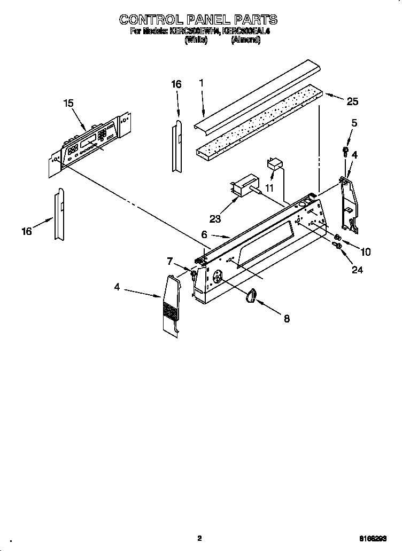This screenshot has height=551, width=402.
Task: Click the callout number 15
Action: click(68, 104)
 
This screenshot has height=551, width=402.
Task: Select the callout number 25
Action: click(352, 101)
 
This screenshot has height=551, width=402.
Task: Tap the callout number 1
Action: click(202, 83)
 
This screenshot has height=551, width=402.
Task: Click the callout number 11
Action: click(269, 188)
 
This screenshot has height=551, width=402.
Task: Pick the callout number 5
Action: click(354, 123)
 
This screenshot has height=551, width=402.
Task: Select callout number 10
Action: click(366, 251)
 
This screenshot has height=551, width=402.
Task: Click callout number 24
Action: click(357, 270)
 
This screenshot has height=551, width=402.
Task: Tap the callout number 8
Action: click(287, 318)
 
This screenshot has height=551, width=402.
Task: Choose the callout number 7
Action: click(170, 261)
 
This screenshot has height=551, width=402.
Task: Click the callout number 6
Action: click(204, 234)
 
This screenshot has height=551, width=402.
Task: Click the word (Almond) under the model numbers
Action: click(246, 41)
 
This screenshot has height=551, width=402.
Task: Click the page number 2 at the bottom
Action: click(199, 538)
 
